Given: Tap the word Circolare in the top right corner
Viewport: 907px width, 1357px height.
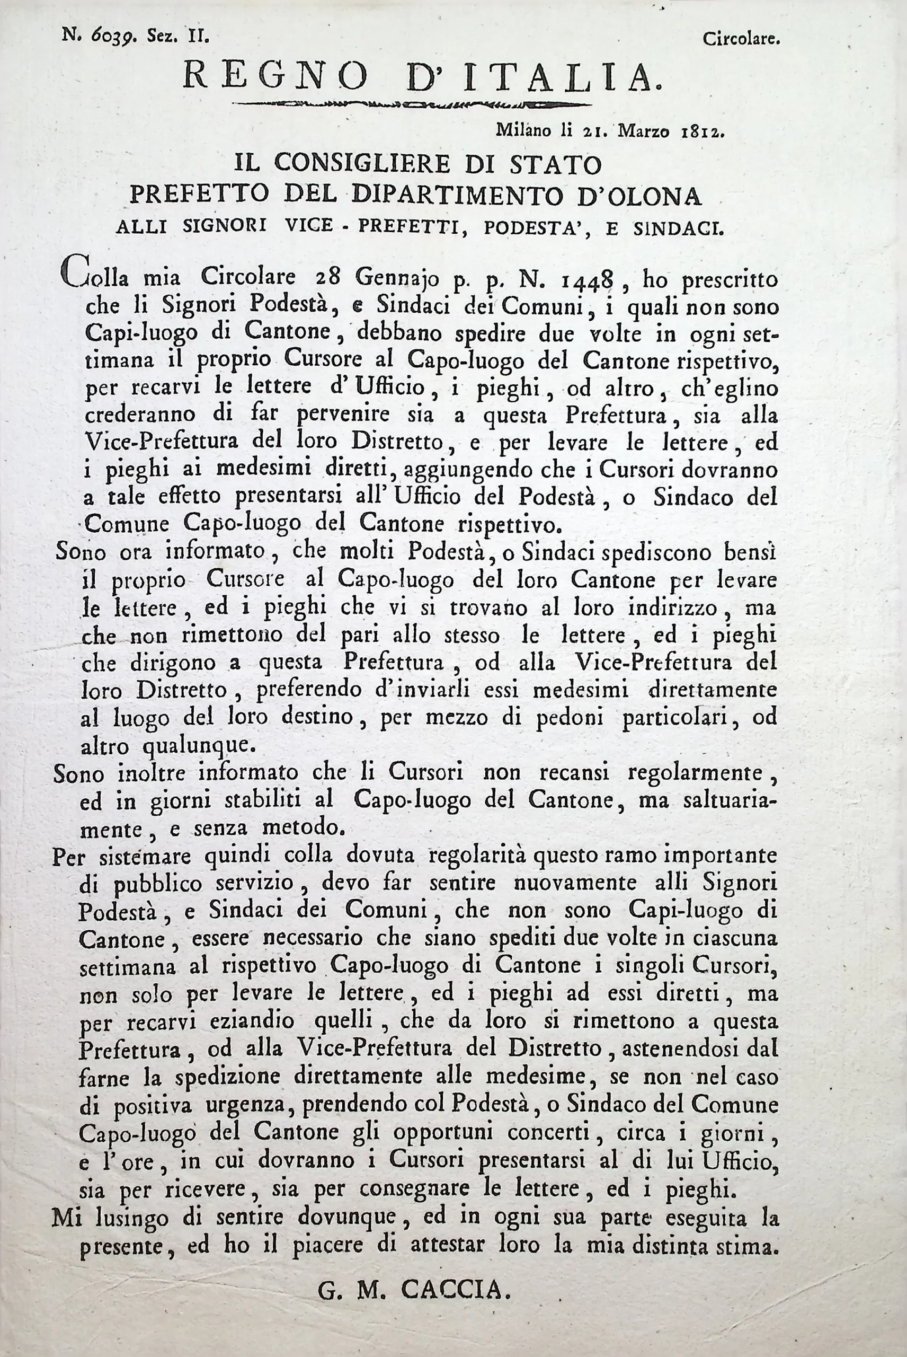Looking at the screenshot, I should (x=742, y=39).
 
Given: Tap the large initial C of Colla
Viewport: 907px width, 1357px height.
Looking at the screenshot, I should (x=75, y=274).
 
